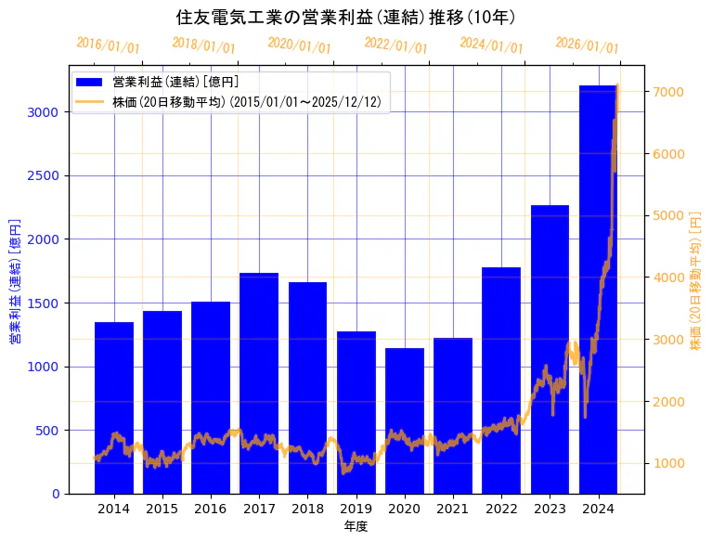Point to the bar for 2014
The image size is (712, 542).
[x=114, y=407]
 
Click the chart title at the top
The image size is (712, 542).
[x=345, y=17]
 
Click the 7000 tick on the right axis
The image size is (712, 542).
[x=668, y=92]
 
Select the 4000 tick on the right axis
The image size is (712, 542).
[x=668, y=277]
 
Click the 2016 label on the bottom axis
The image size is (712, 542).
[x=211, y=509]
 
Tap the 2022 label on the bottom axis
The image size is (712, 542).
[x=501, y=509]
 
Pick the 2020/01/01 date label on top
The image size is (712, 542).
[x=299, y=45]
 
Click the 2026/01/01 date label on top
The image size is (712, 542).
[x=587, y=45]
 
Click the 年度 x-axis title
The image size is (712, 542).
[x=356, y=526]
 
